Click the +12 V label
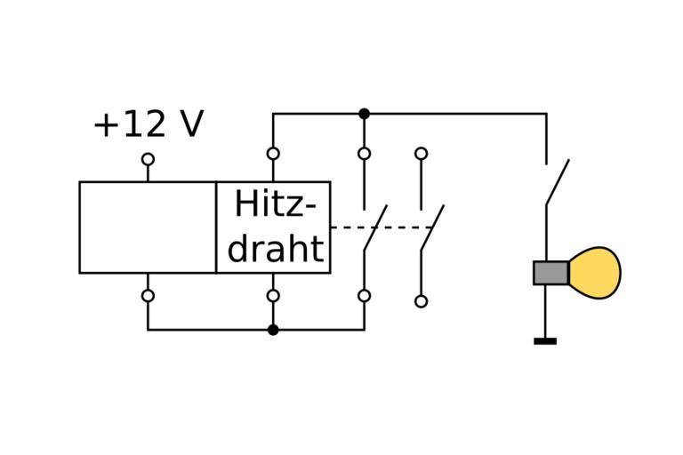tap(148, 125)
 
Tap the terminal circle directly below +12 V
tap(148, 159)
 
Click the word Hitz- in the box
tap(275, 205)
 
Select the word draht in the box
tap(275, 248)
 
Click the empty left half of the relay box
tap(148, 227)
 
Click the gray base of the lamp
tap(550, 273)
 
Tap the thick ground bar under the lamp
tap(545, 340)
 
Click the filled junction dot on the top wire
tap(364, 114)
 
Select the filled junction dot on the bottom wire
tap(273, 330)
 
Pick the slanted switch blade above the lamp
tap(558, 182)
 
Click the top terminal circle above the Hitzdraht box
tap(273, 154)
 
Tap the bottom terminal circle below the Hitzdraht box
tap(273, 296)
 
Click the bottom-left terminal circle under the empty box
tap(148, 296)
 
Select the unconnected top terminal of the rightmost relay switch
tap(421, 154)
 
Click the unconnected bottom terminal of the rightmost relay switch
tap(421, 301)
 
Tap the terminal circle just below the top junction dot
tap(364, 154)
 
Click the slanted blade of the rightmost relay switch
tap(432, 227)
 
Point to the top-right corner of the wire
tap(545, 114)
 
